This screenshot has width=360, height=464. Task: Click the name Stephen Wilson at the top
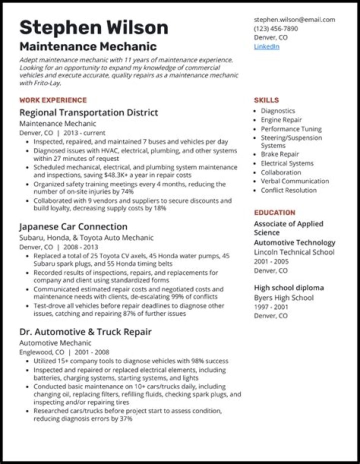[93, 27]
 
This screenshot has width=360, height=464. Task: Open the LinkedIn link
[266, 46]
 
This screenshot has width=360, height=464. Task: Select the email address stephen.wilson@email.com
[294, 19]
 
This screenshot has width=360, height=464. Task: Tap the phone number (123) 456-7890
[275, 28]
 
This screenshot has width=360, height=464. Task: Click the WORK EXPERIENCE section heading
[53, 100]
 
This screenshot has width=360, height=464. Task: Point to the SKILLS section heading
[266, 100]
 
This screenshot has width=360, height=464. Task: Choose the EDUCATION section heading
[274, 212]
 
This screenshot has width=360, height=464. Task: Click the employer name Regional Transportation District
[88, 112]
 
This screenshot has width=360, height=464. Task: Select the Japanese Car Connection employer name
[73, 226]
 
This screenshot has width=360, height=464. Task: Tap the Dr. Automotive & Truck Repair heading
[85, 331]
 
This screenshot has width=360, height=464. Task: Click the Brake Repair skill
[279, 154]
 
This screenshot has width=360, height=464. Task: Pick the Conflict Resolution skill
[288, 190]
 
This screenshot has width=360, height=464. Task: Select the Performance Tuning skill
[291, 129]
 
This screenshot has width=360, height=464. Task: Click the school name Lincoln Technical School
[294, 252]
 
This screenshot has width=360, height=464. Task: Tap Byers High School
[283, 297]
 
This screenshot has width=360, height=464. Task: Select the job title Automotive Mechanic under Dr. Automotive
[55, 343]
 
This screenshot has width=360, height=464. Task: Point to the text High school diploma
[288, 288]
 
